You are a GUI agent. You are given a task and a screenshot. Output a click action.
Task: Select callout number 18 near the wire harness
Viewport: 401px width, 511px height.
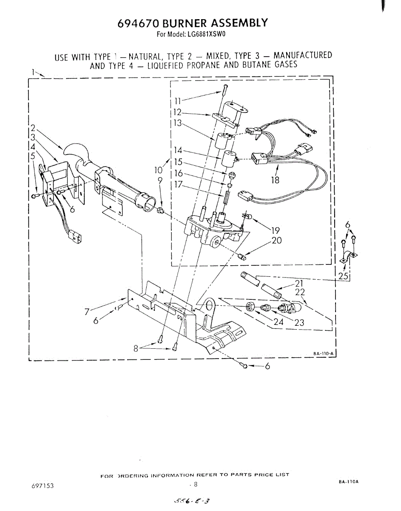tap(275, 180)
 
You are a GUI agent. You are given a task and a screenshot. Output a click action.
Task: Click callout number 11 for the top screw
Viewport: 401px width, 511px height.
tap(178, 101)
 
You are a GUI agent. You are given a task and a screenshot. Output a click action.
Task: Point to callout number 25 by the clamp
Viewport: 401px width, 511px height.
tap(343, 277)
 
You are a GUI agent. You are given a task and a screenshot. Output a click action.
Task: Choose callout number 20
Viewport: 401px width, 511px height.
tap(276, 241)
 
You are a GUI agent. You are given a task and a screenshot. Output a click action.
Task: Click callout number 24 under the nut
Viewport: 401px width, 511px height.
tap(279, 322)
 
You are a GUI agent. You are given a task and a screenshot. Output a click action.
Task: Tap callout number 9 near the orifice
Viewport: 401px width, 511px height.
tap(160, 180)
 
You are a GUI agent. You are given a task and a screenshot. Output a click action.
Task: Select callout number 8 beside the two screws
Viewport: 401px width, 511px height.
tap(136, 348)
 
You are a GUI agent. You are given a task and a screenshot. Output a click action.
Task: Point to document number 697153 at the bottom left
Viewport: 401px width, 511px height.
tap(42, 486)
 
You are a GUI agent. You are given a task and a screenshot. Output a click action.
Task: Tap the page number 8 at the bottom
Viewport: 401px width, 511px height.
tap(196, 484)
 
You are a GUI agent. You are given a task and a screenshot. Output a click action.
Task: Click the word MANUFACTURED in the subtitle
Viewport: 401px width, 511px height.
tap(302, 56)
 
